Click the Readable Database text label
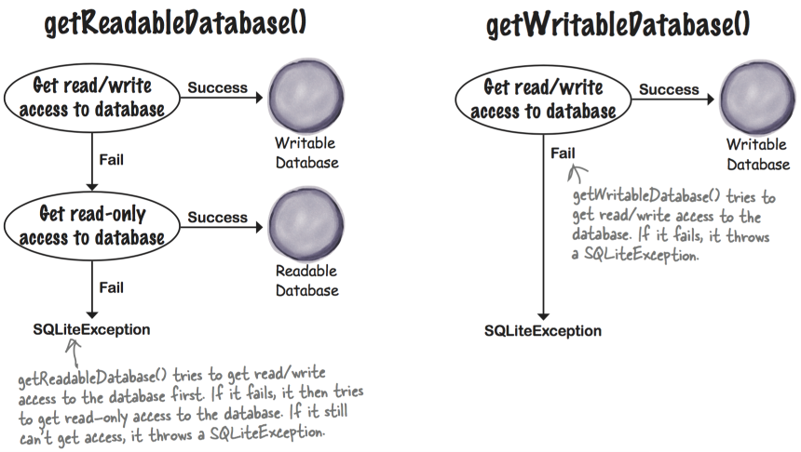tap(305, 281)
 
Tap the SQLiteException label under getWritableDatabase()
tap(543, 332)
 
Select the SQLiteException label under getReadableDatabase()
tap(92, 329)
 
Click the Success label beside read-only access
tap(218, 218)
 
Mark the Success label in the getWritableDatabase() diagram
tap(668, 90)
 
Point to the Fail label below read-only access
tap(111, 287)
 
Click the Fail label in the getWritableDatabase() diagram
tap(563, 153)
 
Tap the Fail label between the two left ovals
tap(111, 160)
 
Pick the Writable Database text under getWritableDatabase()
tap(757, 154)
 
